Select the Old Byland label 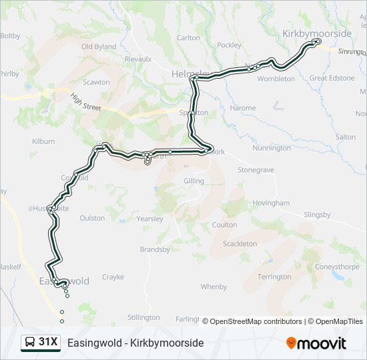(x=99, y=47)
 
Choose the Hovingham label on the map (x=271, y=203)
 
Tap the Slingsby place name (x=317, y=214)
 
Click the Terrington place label (x=274, y=277)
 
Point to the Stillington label (x=143, y=317)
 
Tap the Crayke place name (x=113, y=277)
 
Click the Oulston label (x=92, y=218)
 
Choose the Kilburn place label (x=43, y=141)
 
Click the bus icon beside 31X (x=30, y=343)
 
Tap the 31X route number (x=49, y=343)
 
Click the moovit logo (x=316, y=343)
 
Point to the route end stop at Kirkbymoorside (x=318, y=41)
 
